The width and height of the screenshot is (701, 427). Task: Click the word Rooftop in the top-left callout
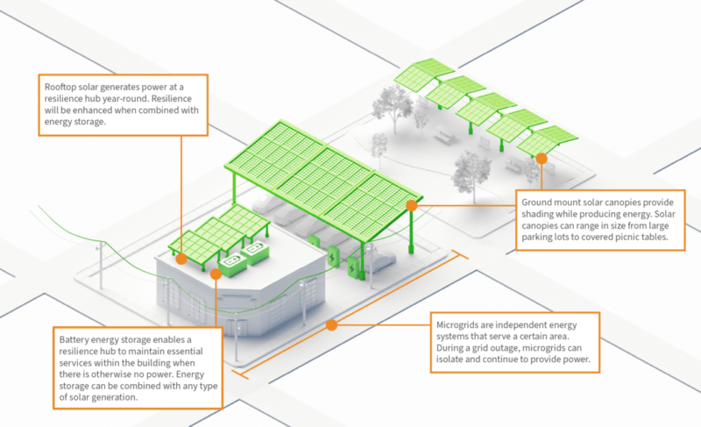(x=60, y=87)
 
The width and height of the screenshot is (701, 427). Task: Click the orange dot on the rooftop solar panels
(x=181, y=259)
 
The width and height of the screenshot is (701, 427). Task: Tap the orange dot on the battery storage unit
(x=216, y=273)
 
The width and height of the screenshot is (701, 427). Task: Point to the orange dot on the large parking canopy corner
(x=411, y=205)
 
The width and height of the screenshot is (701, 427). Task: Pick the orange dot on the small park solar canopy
(x=542, y=159)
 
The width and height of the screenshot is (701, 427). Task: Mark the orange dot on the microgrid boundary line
(x=331, y=324)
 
